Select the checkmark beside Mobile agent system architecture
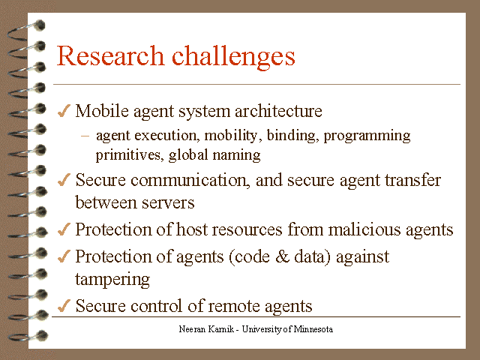click(64, 111)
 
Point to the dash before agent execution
click(85, 136)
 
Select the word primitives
click(124, 156)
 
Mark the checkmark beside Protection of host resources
click(64, 229)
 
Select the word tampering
click(113, 280)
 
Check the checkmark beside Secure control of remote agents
click(64, 305)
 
